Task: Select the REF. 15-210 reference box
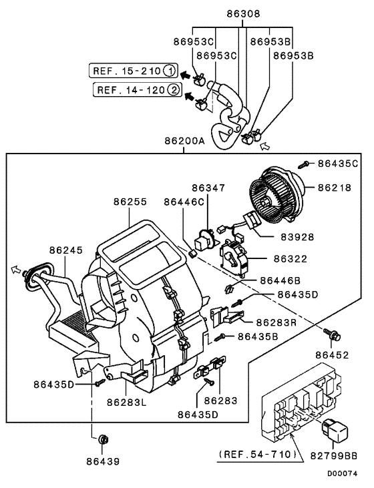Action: click(132, 69)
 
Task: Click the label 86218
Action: click(339, 189)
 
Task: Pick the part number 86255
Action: click(131, 200)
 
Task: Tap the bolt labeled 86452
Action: click(329, 332)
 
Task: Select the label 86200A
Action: click(186, 142)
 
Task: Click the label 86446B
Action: click(281, 280)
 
